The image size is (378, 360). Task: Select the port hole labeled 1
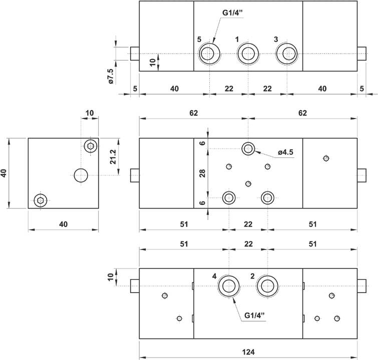pos(248,53)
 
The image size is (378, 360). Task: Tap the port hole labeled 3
pos(286,53)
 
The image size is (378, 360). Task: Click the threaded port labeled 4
pos(229,286)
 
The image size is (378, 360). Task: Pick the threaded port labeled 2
pos(267,286)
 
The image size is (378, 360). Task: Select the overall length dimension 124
pos(248,351)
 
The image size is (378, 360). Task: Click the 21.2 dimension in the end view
pos(113,157)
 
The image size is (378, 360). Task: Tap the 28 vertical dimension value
pos(202,173)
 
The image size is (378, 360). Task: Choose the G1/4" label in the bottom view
pos(254,315)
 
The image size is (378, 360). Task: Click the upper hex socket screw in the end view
pos(90,146)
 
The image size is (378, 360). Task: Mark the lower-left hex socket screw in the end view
pos(41,200)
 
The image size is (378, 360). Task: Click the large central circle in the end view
pos(81,175)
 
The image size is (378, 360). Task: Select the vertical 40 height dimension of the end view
pos(5,173)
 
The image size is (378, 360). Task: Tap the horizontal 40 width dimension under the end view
pos(63,224)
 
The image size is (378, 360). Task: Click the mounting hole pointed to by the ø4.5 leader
pos(248,148)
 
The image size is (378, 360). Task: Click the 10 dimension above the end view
pos(90,113)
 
